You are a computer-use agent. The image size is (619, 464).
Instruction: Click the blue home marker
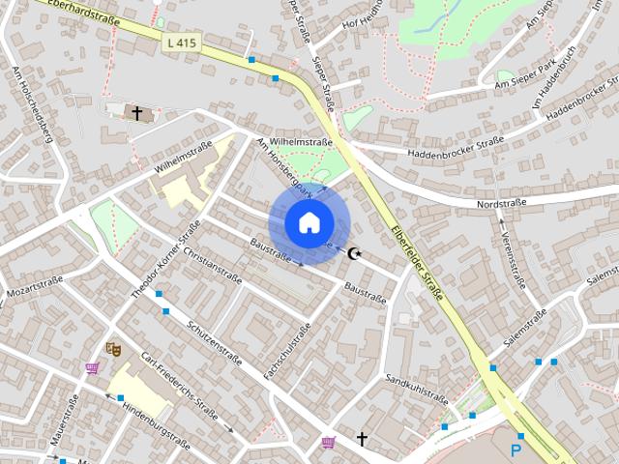[308, 222]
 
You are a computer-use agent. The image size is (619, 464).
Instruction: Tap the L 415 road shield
[181, 43]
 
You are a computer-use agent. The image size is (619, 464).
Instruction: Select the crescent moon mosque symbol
[355, 254]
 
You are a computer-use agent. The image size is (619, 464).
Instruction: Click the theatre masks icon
[114, 348]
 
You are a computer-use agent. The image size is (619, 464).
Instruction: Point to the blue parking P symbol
[516, 449]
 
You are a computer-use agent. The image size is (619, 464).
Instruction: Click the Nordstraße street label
[500, 205]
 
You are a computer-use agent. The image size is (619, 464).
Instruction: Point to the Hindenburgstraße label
[156, 424]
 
